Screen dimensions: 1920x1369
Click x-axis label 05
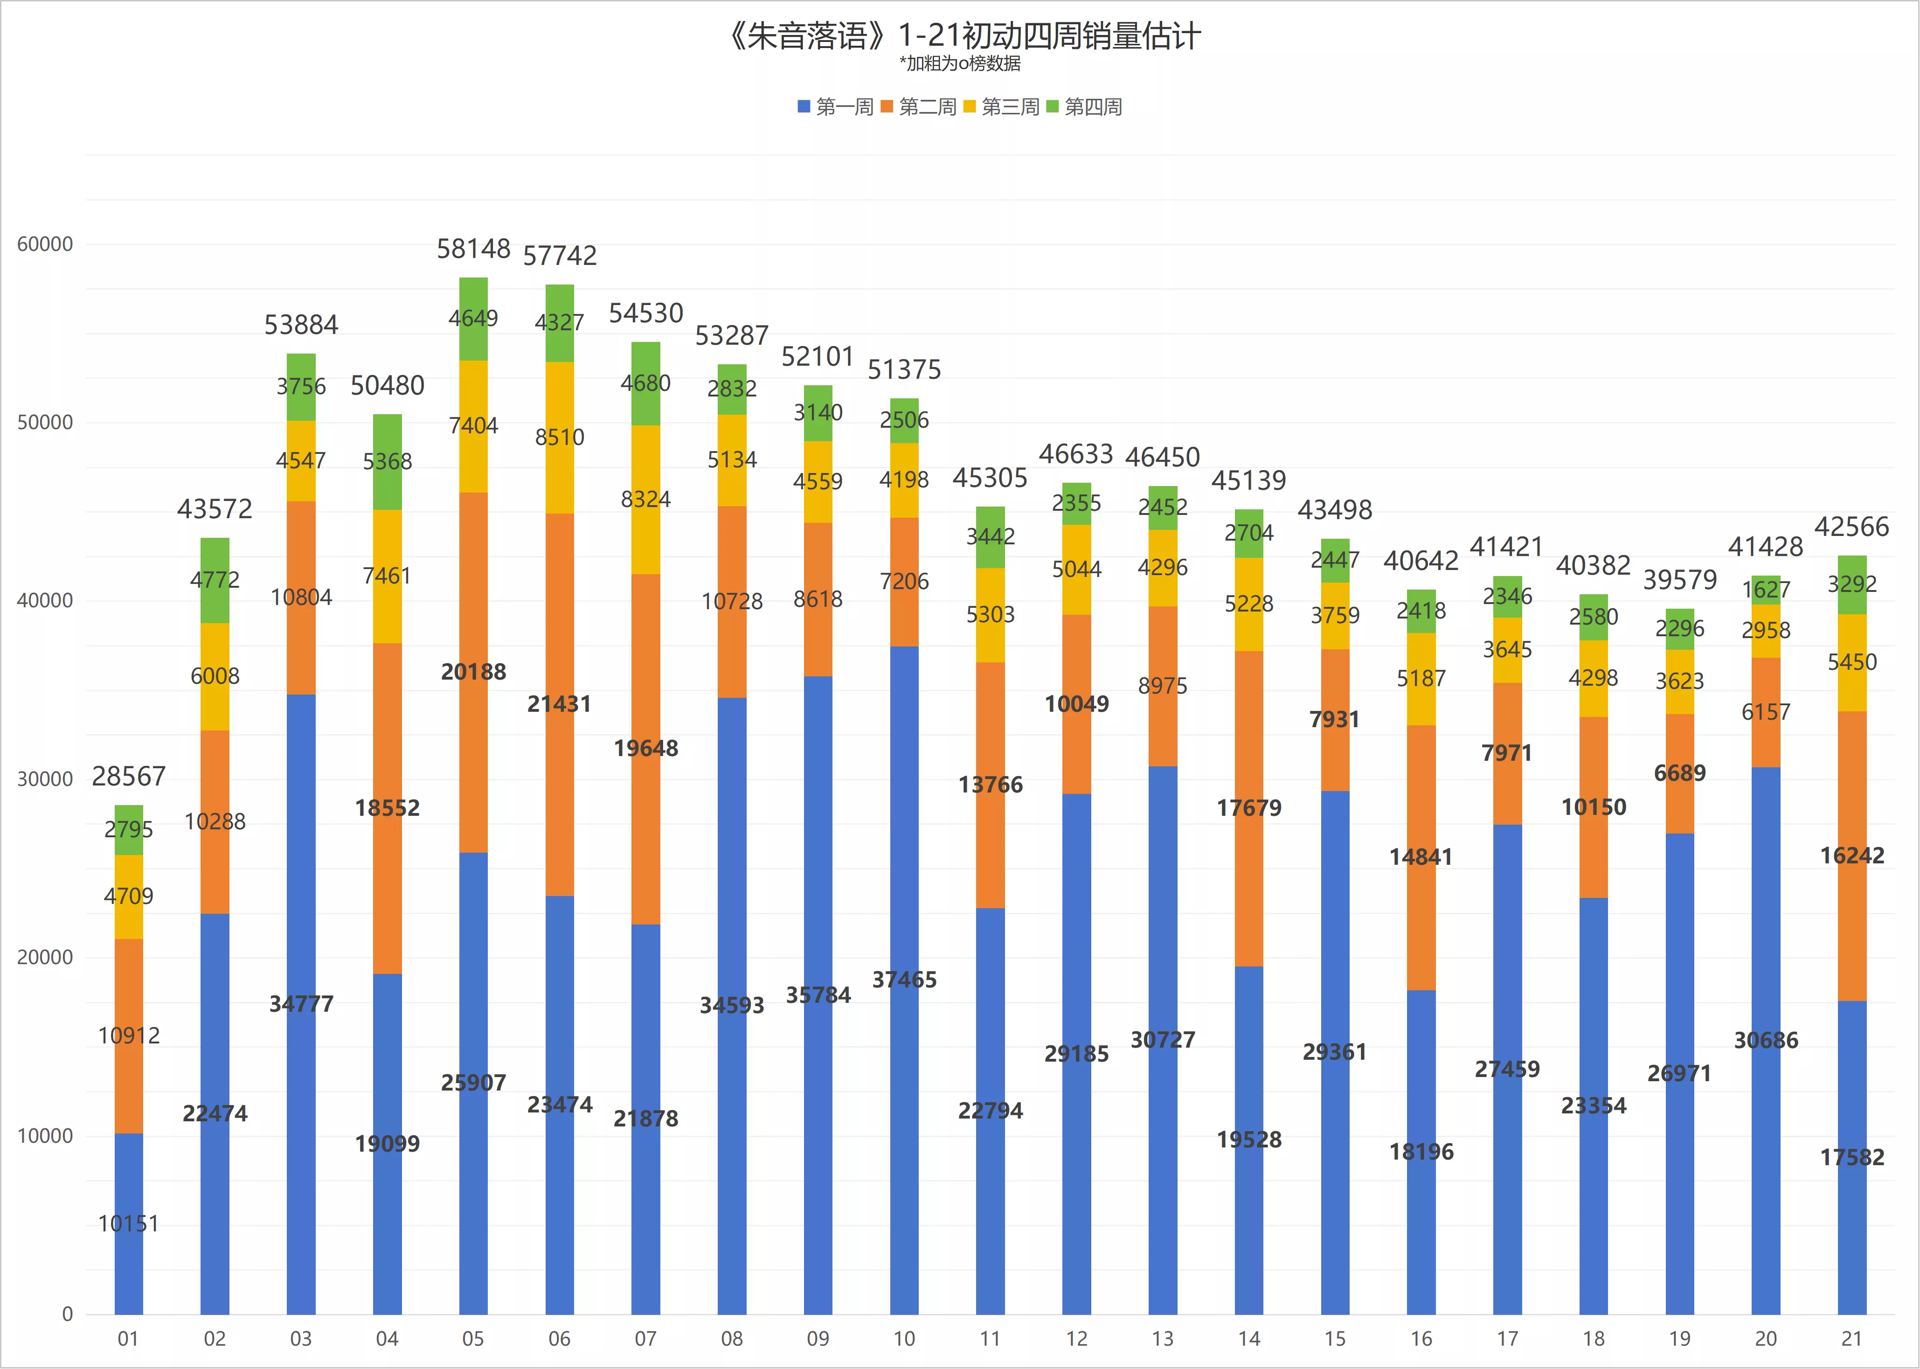click(x=473, y=1339)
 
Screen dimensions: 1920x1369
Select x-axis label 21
click(x=1852, y=1339)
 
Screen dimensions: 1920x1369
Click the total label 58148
click(x=474, y=249)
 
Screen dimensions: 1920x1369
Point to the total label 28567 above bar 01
click(x=129, y=776)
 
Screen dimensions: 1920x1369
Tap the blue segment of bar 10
click(x=904, y=980)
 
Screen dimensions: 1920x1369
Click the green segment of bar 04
click(x=388, y=462)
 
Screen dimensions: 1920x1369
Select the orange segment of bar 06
click(x=560, y=705)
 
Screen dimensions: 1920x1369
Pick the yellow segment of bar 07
click(x=645, y=500)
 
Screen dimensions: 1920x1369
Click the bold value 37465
click(x=904, y=980)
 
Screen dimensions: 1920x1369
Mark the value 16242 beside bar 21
click(x=1852, y=855)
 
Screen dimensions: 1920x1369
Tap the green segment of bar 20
click(x=1766, y=590)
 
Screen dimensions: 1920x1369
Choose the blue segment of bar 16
click(x=1421, y=1153)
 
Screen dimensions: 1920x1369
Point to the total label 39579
click(x=1680, y=580)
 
